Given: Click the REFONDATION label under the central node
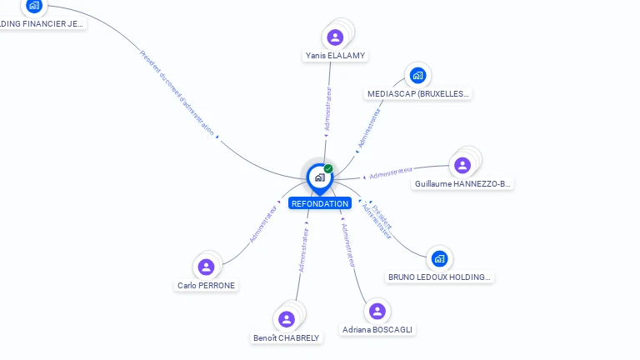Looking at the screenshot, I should tap(319, 203).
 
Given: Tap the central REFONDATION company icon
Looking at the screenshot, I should tap(319, 177).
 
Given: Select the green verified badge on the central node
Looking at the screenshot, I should tap(328, 169).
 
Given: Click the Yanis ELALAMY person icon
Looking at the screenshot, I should tap(335, 37).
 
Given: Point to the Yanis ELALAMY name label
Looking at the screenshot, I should tap(335, 56).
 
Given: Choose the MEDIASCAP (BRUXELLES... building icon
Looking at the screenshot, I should tap(417, 76).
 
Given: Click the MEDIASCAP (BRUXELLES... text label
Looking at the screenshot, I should tap(419, 94).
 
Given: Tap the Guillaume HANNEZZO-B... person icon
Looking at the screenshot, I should tap(462, 165).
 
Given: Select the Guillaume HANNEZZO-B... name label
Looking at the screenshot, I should tap(463, 184).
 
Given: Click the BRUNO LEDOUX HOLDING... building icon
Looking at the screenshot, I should tap(439, 258).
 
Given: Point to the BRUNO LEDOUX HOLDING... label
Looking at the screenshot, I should tap(441, 277).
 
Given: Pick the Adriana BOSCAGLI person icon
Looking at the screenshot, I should tap(377, 311).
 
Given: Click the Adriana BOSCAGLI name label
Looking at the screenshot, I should tap(377, 330).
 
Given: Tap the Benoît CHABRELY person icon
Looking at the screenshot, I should tap(287, 319).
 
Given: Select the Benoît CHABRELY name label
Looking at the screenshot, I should tap(287, 337).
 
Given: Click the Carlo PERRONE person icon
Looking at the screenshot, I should tap(207, 267).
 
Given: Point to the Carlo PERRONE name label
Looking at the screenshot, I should tap(207, 286).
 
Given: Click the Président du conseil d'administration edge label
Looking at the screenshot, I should tap(177, 92).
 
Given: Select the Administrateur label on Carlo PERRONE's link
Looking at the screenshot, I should tap(262, 223).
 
